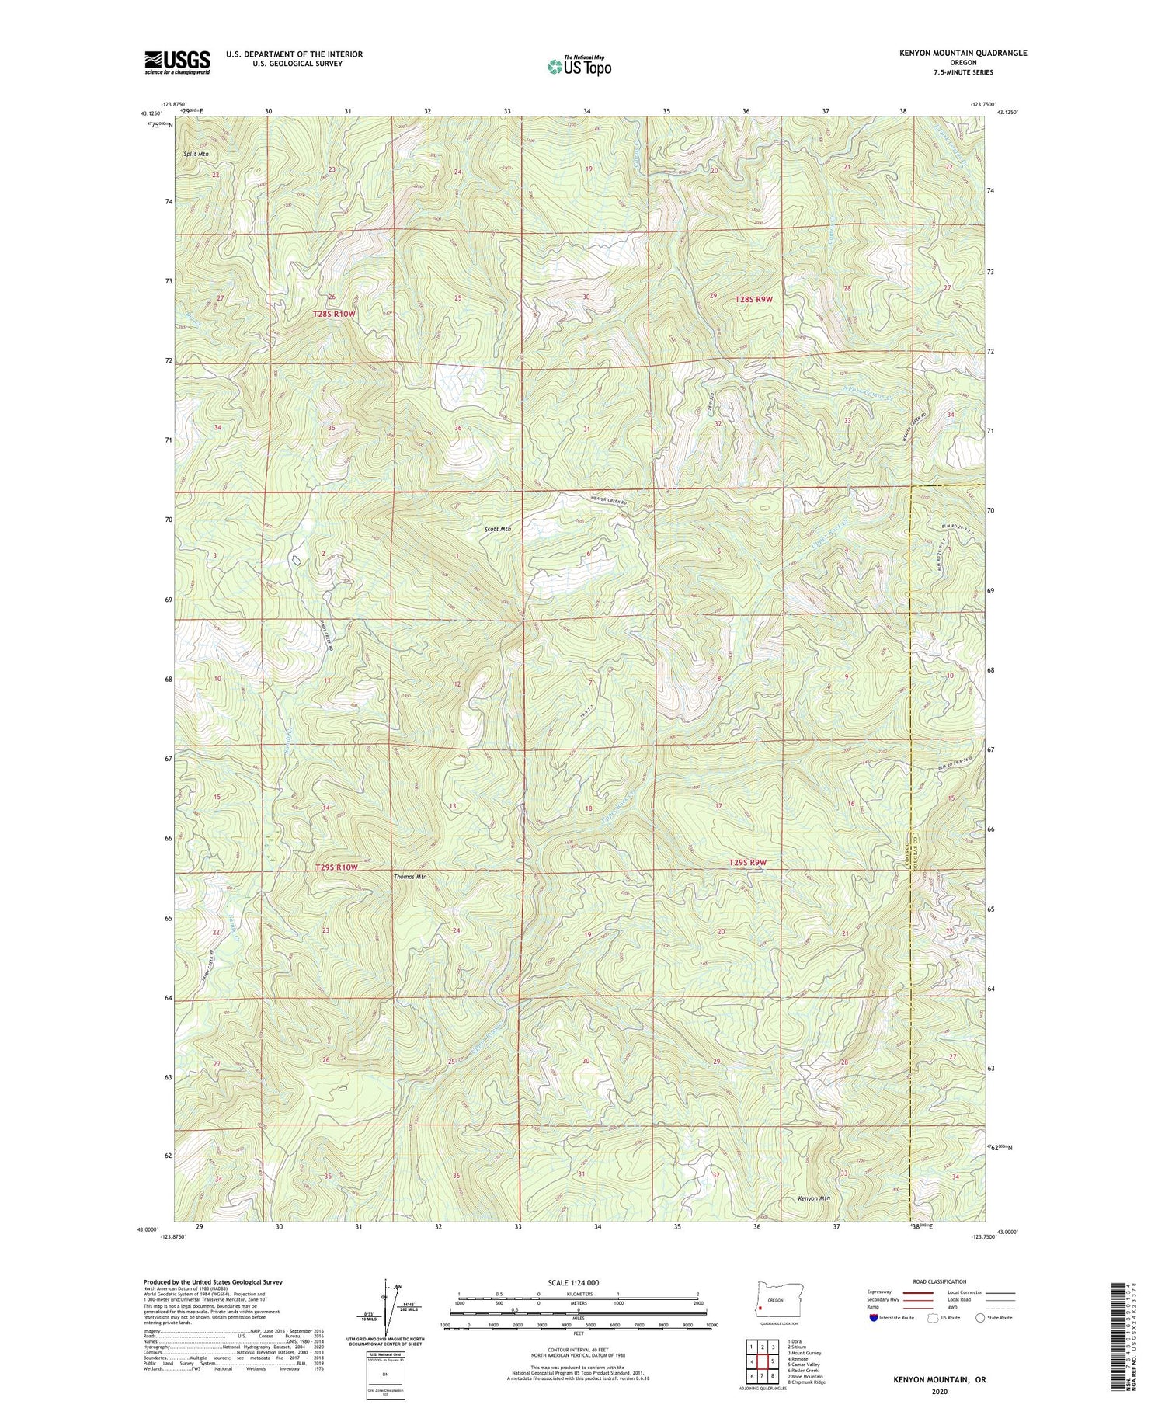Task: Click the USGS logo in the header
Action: click(x=177, y=62)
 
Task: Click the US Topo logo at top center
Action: click(x=579, y=67)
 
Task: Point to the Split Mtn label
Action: click(x=196, y=154)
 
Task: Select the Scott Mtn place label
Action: click(x=498, y=529)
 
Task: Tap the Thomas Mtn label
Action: click(x=411, y=876)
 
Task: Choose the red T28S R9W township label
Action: click(x=753, y=298)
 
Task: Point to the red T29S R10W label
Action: click(x=337, y=867)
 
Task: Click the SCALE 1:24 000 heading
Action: click(x=578, y=1282)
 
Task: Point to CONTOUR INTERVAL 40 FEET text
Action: click(x=578, y=1351)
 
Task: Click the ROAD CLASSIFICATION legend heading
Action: click(x=940, y=1281)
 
